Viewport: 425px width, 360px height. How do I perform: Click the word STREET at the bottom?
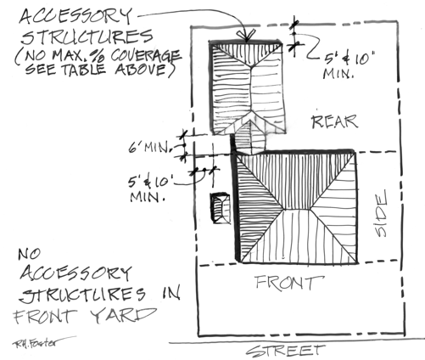[x=286, y=351]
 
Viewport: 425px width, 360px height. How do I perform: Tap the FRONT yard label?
[x=289, y=282]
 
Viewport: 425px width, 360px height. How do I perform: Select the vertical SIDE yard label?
[x=380, y=213]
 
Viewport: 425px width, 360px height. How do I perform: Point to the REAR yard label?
[x=335, y=121]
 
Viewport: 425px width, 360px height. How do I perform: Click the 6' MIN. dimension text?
[x=150, y=148]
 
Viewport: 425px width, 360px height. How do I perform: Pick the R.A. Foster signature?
[x=36, y=342]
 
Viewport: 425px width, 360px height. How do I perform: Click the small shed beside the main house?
[x=220, y=208]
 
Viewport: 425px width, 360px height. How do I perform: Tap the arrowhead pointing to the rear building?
[x=247, y=36]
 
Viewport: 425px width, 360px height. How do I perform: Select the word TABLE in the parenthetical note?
[x=84, y=69]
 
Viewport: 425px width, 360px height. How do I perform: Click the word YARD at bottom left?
[x=123, y=315]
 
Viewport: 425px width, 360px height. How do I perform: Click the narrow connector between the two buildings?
[x=250, y=138]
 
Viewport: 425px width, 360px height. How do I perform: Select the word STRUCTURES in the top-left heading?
[x=87, y=37]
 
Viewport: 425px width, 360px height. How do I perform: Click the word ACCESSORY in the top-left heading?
[x=75, y=16]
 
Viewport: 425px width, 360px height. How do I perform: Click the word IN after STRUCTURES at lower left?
[x=171, y=293]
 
